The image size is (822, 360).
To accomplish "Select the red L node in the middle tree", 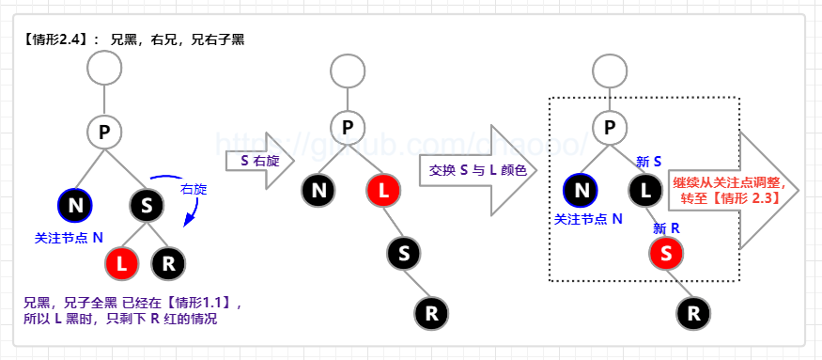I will [x=384, y=190].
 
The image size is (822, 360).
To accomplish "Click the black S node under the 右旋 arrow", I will [x=147, y=204].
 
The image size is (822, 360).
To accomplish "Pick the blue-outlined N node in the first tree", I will [x=75, y=204].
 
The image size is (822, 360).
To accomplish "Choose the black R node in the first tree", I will [x=168, y=263].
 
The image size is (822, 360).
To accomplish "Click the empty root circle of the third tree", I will [x=611, y=68].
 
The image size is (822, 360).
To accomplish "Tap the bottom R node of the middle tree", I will [x=431, y=312].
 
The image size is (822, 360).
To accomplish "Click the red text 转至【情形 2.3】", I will [x=732, y=200].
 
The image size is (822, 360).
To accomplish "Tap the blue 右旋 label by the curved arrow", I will [x=194, y=189].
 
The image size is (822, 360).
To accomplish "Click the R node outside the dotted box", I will [x=693, y=311].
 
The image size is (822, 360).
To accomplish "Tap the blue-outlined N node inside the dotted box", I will [x=582, y=191].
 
